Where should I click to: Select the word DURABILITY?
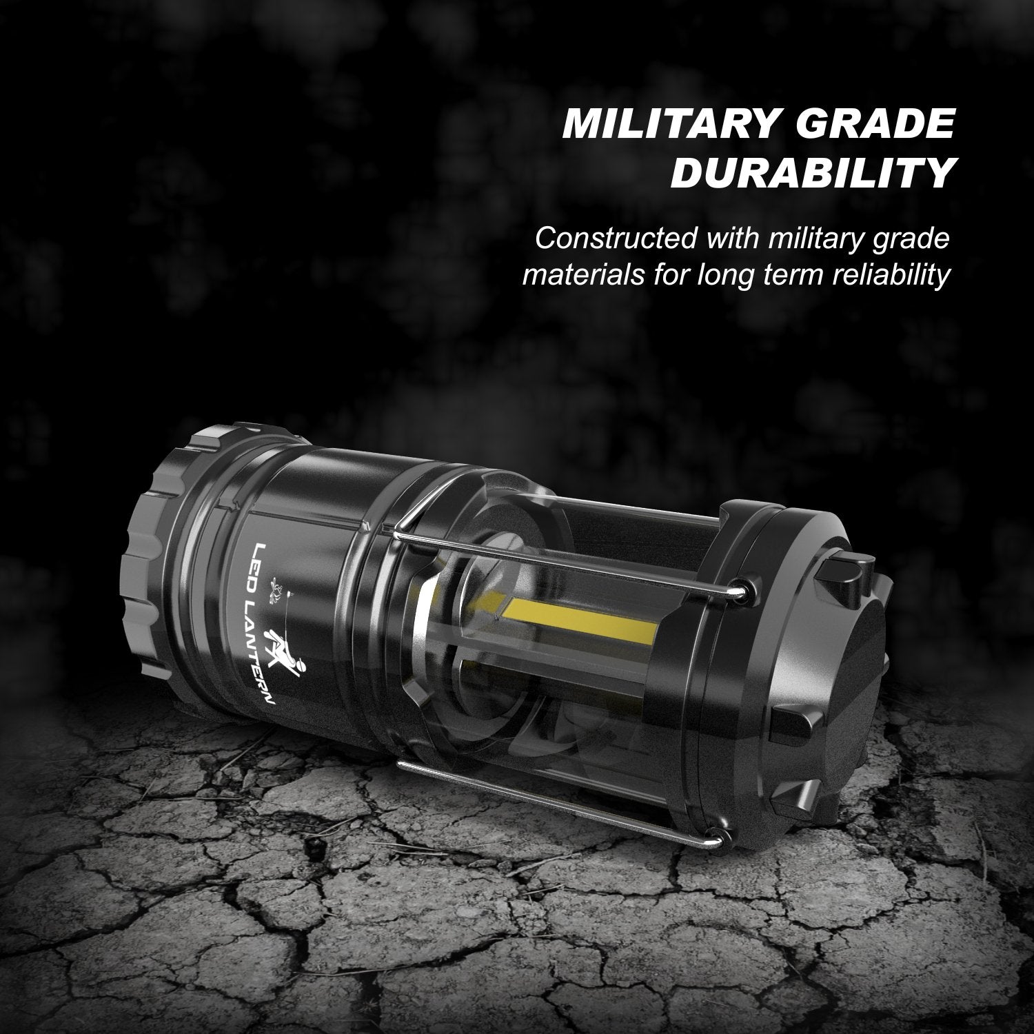pyautogui.click(x=812, y=174)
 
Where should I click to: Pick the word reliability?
pyautogui.click(x=882, y=276)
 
